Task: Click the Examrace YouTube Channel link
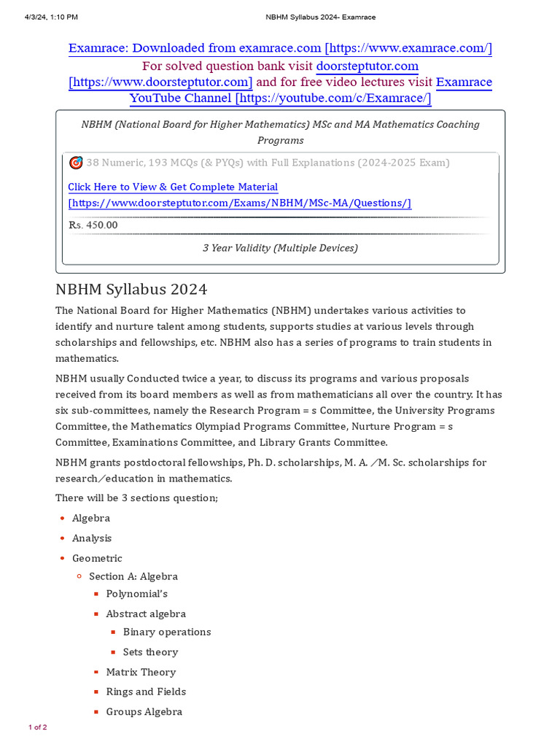311,90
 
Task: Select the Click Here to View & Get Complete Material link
173,187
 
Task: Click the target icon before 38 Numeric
76,162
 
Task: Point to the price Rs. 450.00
93,225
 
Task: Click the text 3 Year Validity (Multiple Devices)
280,248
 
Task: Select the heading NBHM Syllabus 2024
131,289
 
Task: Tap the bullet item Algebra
91,518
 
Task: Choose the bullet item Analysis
92,538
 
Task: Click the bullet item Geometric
97,558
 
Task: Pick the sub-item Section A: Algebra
133,576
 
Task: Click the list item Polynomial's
136,594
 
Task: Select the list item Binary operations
167,632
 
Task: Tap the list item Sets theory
150,652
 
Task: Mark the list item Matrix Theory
141,672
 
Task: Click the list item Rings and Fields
146,692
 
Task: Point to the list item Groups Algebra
144,712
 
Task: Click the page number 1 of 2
38,727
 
